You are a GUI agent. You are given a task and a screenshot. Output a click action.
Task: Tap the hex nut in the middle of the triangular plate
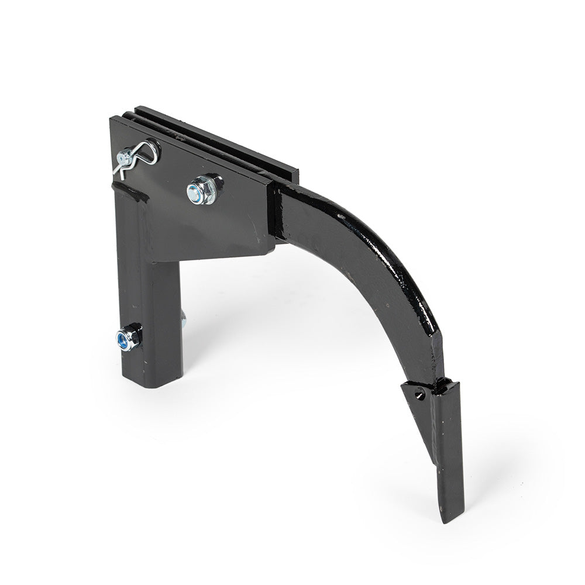204,190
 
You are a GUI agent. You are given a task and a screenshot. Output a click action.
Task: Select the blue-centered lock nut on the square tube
129,338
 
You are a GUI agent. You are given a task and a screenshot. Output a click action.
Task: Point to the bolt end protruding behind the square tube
183,319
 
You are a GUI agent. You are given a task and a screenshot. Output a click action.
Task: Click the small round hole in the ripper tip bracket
419,395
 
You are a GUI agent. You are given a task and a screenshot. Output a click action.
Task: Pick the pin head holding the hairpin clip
125,157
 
